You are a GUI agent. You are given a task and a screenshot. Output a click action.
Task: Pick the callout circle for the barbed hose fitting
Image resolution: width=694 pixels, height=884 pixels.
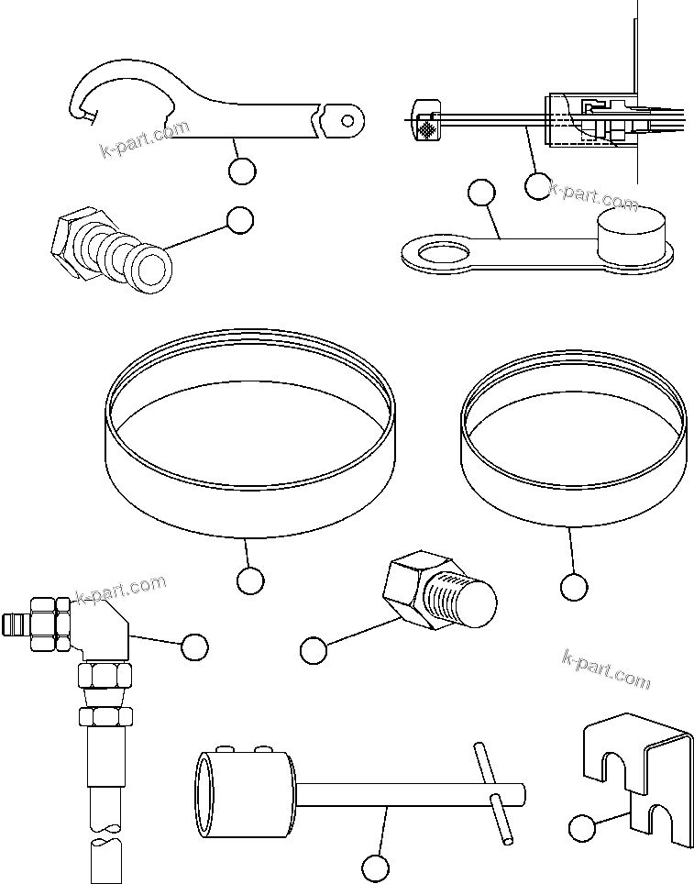pos(239,219)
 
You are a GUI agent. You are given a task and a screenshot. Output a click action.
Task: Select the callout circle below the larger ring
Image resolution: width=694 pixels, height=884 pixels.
pos(249,580)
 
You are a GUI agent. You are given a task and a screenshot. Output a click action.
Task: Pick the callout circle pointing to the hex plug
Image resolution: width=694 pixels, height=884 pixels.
pos(314,650)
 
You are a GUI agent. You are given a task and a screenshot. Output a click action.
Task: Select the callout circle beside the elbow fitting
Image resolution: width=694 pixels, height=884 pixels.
pos(194,646)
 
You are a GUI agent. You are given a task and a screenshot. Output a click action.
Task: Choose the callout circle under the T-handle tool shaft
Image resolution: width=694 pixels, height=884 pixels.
pos(372,867)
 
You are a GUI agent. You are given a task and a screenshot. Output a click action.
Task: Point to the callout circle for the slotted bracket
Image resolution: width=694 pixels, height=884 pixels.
pos(581,829)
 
